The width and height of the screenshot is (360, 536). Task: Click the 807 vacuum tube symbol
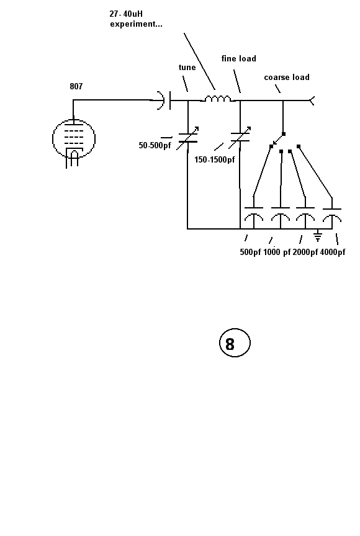coord(73,139)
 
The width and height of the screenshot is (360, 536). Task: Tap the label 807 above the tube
coord(76,86)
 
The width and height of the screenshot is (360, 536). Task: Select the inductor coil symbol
coord(218,99)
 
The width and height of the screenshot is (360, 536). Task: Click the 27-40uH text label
coord(126,14)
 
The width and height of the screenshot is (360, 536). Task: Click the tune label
coord(187,68)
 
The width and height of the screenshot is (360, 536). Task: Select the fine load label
coord(238,58)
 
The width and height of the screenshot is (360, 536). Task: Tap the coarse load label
coord(287,78)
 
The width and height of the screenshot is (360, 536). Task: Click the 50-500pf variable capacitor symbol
coord(188,138)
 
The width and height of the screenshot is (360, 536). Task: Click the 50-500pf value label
coord(155,145)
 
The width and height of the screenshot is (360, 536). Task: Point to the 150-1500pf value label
coord(214,159)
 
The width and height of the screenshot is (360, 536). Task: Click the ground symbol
coord(318,235)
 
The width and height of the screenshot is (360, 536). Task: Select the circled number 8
coord(235,343)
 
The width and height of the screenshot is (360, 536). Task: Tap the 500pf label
coord(250,252)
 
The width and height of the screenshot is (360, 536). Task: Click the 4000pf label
coord(332,252)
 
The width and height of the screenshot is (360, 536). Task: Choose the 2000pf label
coord(305,252)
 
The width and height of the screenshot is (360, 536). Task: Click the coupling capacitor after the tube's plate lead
coord(164,100)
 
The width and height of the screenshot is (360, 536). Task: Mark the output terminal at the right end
coord(312,101)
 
